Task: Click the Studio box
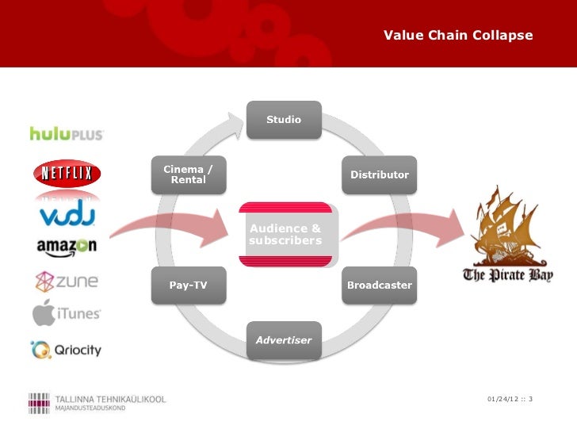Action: [284, 120]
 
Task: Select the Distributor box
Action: [380, 174]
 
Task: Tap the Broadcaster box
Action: [380, 285]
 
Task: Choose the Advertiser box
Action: [284, 340]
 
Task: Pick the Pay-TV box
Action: [189, 285]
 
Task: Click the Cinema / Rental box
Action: [189, 174]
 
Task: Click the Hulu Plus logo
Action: [67, 134]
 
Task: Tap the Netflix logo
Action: [67, 172]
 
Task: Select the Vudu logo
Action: [67, 215]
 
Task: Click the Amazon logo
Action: [67, 247]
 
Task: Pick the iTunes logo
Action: [67, 312]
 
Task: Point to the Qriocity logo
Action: [67, 348]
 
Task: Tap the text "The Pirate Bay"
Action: [507, 276]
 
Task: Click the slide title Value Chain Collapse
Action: [458, 36]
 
